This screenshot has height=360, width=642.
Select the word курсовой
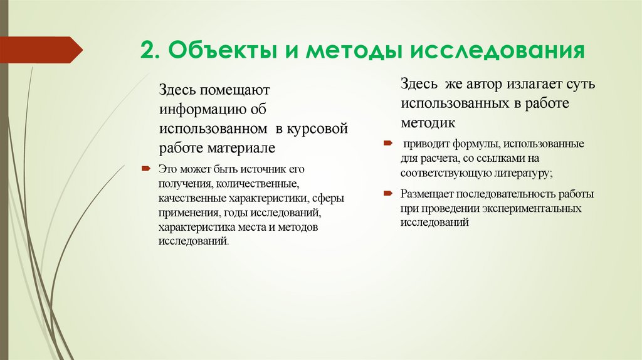tap(318, 130)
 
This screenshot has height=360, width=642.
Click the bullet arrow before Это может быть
tap(145, 169)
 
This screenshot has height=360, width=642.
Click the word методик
tap(428, 122)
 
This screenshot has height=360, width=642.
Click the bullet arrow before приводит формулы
tap(387, 143)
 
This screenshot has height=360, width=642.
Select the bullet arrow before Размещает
tap(387, 193)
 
